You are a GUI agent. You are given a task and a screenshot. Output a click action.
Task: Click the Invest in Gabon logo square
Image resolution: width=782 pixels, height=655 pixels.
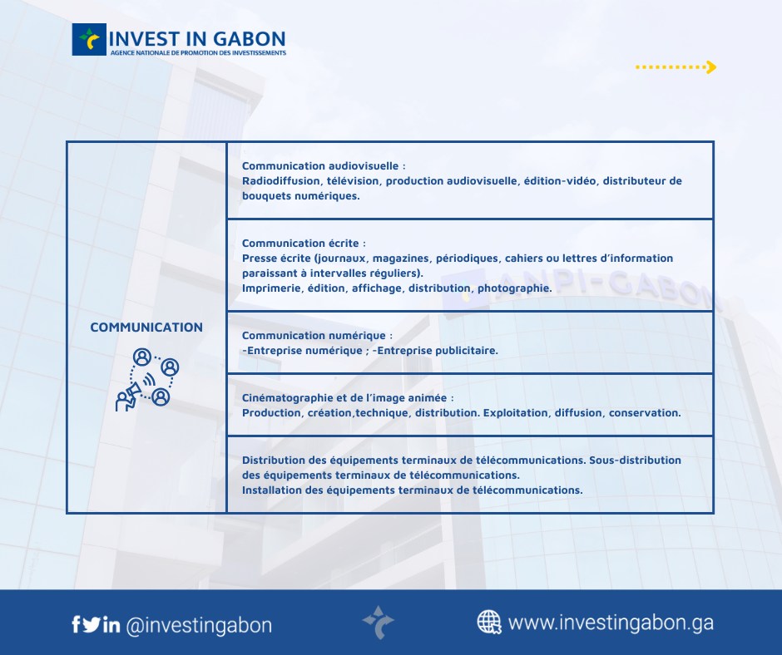[x=89, y=39]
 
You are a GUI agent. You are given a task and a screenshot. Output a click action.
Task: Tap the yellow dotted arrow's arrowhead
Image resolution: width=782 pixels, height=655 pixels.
[x=712, y=66]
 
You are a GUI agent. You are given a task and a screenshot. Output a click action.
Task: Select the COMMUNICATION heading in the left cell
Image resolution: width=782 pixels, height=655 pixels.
[x=146, y=327]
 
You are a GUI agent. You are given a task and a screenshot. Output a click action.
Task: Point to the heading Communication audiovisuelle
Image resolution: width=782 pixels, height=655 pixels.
[x=324, y=166]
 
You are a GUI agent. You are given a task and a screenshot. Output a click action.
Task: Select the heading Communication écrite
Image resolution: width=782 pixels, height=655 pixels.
[x=304, y=244]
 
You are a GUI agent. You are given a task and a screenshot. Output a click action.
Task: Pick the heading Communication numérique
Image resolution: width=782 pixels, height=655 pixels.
[x=317, y=336]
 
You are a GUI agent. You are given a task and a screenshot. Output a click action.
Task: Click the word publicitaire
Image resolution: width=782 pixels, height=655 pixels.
[x=467, y=351]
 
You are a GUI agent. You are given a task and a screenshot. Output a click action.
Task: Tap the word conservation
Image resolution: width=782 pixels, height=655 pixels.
[x=645, y=413]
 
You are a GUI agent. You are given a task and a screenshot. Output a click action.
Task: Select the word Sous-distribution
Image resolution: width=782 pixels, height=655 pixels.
[x=635, y=460]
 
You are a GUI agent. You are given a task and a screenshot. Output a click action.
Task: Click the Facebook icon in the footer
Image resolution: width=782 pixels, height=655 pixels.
[x=76, y=624]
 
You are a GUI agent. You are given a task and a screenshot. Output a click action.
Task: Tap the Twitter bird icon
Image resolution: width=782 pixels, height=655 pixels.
[x=92, y=624]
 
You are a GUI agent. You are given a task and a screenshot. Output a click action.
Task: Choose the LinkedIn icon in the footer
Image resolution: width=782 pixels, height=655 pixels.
[x=111, y=624]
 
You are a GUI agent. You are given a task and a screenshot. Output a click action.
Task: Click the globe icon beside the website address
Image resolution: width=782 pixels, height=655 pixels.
[x=489, y=622]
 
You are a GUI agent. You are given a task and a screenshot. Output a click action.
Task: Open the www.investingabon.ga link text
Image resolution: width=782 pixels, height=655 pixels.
[x=611, y=623]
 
